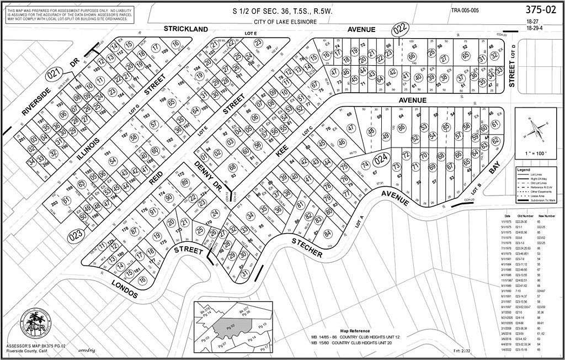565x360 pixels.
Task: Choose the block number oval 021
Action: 53,74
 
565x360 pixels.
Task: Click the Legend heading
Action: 523,170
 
